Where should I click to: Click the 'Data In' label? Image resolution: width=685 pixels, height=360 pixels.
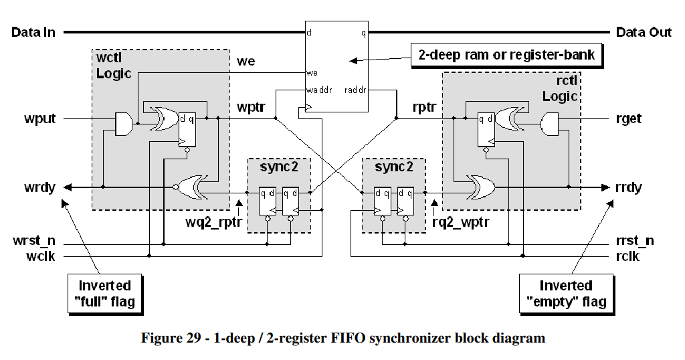pos(33,32)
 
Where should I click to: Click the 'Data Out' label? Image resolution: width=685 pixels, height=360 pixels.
pos(644,32)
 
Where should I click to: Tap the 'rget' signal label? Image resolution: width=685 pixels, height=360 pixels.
pos(629,119)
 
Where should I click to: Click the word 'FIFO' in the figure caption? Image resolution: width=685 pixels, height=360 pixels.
pos(348,338)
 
